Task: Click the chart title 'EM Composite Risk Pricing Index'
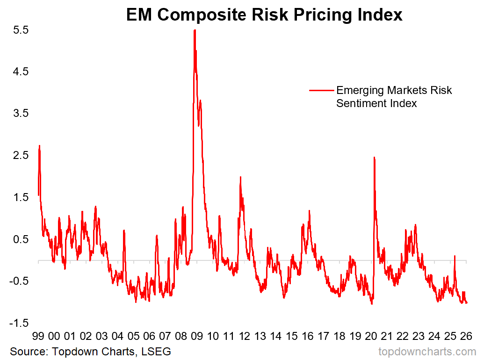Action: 264,15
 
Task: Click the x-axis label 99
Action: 38,336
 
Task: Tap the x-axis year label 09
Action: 197,336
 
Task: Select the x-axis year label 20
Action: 371,336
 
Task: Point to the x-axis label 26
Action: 466,336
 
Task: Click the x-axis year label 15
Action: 292,336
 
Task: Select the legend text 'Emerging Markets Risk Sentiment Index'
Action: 394,96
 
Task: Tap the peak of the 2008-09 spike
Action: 195,30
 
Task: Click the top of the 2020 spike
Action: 374,158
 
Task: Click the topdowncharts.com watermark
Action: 426,352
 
